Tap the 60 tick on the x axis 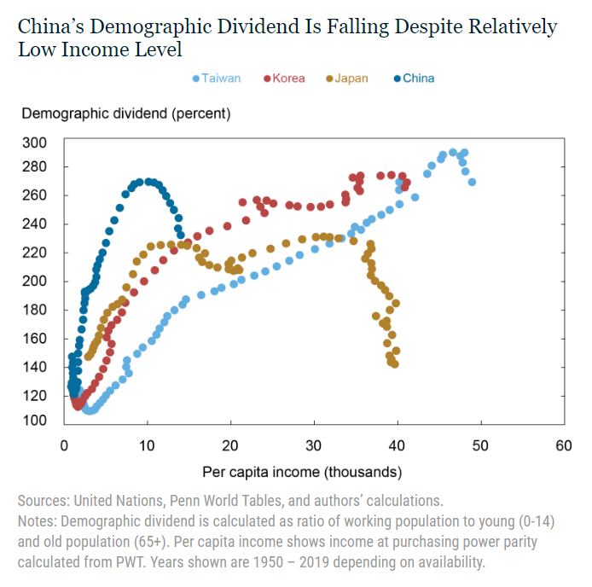[563, 445]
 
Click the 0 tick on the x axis [64, 445]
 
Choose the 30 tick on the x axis [314, 445]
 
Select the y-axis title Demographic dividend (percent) [125, 113]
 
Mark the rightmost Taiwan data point [472, 182]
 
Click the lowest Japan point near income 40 [394, 364]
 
